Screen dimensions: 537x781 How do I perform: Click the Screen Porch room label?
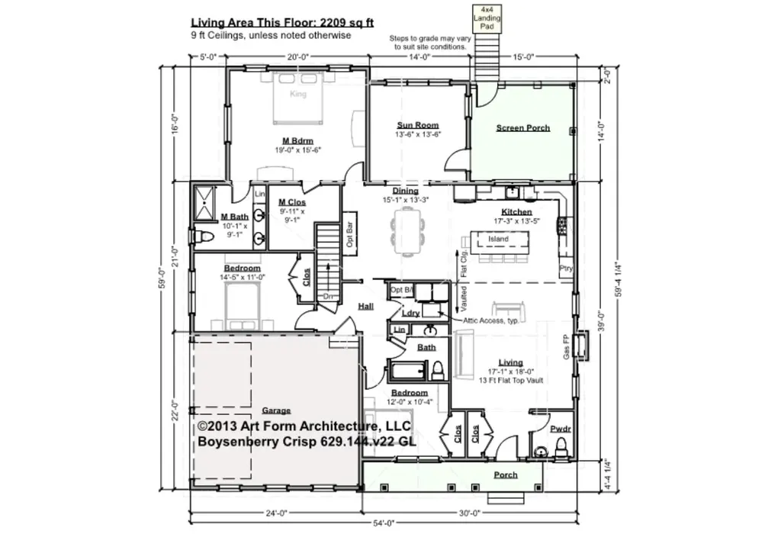[522, 128]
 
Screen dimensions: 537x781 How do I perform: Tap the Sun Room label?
[417, 125]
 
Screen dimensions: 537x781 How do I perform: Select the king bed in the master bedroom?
[298, 99]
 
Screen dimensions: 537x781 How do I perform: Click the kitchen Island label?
[498, 239]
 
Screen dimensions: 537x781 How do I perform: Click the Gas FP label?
[566, 347]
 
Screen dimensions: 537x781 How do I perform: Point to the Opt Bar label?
[350, 236]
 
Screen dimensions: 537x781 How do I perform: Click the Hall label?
[365, 307]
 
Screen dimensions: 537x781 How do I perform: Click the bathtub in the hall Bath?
[407, 373]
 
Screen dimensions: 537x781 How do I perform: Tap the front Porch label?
[505, 474]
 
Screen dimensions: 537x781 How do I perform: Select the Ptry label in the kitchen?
[565, 268]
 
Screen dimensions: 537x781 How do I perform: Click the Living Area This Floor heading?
[281, 23]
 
